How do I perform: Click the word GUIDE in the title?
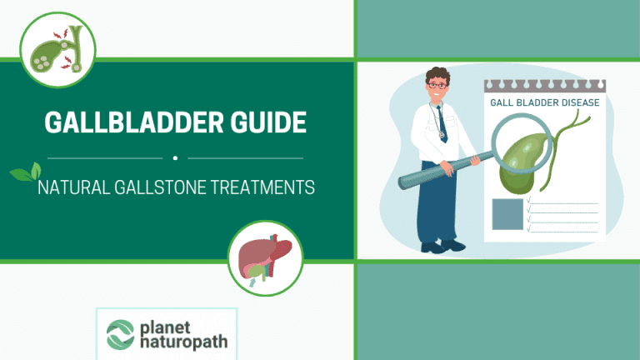tap(265, 123)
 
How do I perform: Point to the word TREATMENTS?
tap(267, 188)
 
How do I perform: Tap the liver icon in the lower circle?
tap(265, 258)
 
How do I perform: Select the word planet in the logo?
tap(169, 323)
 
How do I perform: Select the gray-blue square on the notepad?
tap(507, 214)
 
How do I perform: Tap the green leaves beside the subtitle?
tap(23, 173)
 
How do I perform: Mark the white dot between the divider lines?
tap(175, 157)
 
